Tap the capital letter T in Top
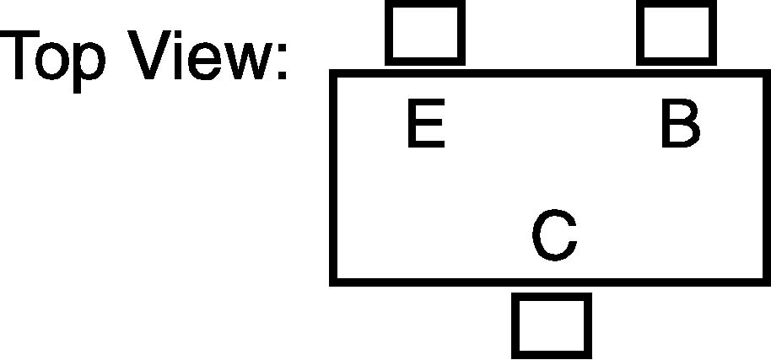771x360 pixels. [19, 55]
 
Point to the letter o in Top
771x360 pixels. [52, 61]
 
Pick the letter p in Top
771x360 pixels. [89, 67]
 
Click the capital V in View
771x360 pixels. [149, 55]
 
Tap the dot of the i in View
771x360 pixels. [178, 34]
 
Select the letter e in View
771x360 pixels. [204, 61]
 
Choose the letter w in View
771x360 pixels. [248, 61]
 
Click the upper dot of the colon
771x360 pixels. [283, 47]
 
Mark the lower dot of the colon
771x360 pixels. [283, 75]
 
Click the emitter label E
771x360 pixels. [426, 123]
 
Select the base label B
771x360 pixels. [681, 123]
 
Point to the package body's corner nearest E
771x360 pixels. [332, 73]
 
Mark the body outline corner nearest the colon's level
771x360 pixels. [332, 73]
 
